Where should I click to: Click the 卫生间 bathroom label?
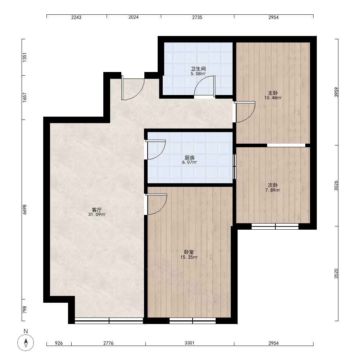pos(198,69)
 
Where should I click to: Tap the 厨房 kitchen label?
pos(189,158)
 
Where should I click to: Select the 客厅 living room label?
pos(96,210)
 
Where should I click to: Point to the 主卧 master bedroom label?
pos(273,93)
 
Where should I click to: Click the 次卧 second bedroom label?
pos(273,185)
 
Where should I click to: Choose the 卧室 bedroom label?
pos(189,252)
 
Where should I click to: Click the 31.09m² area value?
pos(97,215)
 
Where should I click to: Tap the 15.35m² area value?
pos(189,257)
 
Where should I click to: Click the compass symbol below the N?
pos(26,343)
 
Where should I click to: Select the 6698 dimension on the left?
pos(24,210)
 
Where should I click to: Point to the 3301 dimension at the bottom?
pos(189,343)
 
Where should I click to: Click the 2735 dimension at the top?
pos(197,17)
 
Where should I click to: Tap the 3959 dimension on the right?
pos(336,92)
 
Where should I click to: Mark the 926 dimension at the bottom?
pos(59,343)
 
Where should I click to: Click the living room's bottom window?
pos(109,321)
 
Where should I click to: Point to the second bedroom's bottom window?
pos(275,226)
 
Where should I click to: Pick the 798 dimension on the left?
pos(24,310)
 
